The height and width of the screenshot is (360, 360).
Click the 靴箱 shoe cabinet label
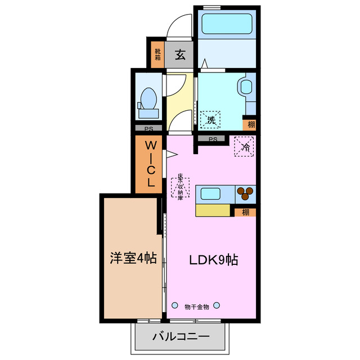157,55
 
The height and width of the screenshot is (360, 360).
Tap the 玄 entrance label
179,55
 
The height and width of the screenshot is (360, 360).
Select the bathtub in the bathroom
227,24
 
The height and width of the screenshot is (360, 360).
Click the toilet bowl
149,100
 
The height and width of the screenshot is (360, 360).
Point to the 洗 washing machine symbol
211,119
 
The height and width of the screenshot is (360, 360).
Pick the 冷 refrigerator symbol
245,147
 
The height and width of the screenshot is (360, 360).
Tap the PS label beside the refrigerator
213,139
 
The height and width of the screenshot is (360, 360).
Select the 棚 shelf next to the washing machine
249,124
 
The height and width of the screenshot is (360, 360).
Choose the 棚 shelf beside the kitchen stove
246,212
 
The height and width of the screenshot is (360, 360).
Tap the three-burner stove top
246,193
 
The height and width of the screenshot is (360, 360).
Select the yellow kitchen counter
213,210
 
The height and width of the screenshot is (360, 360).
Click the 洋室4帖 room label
133,259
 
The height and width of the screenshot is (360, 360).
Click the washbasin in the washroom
246,87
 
